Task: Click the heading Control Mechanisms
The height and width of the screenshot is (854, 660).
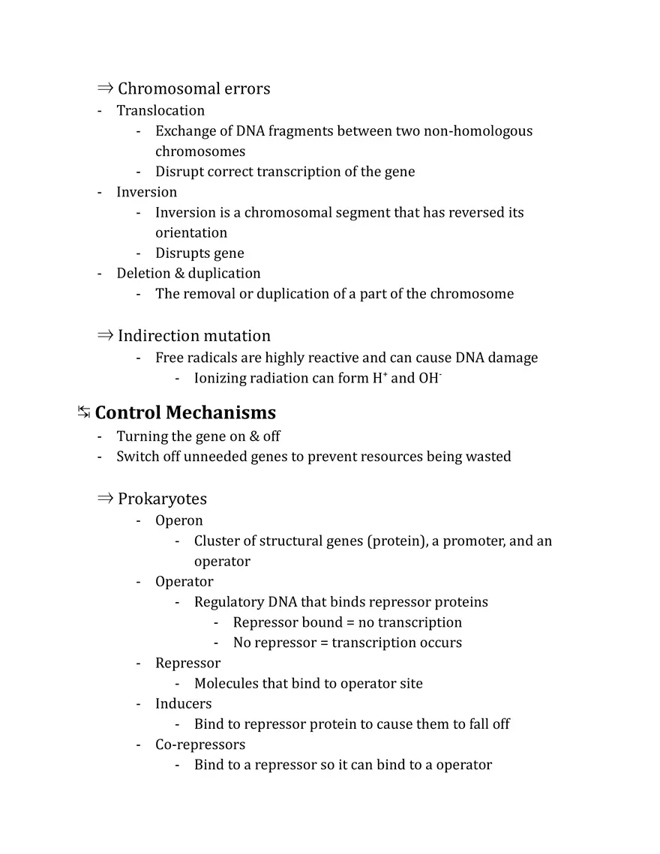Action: [x=185, y=413]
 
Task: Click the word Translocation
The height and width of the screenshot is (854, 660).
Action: [x=160, y=111]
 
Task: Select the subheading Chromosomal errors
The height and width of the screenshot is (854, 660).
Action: [x=193, y=88]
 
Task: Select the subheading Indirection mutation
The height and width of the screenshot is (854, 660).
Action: [x=193, y=336]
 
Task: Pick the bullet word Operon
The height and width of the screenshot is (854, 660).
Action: [x=178, y=521]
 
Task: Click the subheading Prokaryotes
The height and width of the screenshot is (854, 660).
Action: [x=162, y=499]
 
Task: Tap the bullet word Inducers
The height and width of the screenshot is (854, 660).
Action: [x=183, y=704]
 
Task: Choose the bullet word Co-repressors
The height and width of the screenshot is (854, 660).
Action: [x=200, y=745]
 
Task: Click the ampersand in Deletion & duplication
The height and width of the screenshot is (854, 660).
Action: [x=179, y=274]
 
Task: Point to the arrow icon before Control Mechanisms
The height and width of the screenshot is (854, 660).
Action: [x=84, y=412]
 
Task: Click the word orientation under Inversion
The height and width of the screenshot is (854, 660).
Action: [x=191, y=233]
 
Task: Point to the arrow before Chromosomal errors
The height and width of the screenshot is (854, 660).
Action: [x=105, y=88]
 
